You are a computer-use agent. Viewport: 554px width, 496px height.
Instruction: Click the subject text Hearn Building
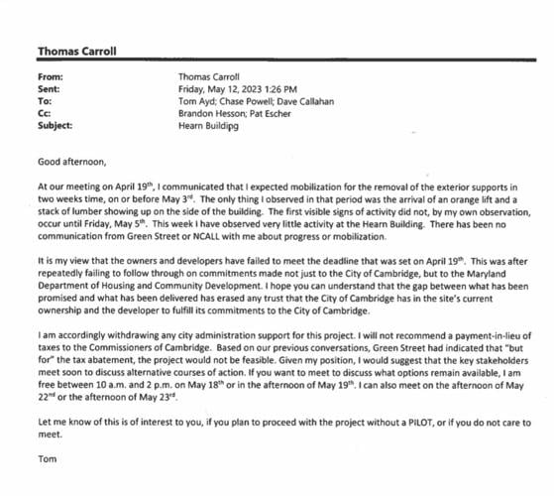pyautogui.click(x=211, y=126)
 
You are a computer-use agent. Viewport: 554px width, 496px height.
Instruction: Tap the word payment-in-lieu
pyautogui.click(x=467, y=337)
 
